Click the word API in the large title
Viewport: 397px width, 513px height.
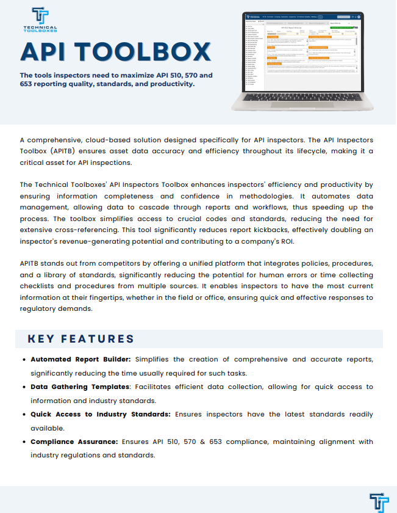(47, 51)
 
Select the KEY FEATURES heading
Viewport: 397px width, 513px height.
(80, 339)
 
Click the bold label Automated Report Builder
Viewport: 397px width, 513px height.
(80, 359)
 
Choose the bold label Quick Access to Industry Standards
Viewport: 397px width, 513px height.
(101, 414)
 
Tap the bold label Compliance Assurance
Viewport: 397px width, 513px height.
(74, 442)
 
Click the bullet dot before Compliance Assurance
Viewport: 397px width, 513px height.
(24, 442)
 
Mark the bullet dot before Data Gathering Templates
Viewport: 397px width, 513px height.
(24, 387)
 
